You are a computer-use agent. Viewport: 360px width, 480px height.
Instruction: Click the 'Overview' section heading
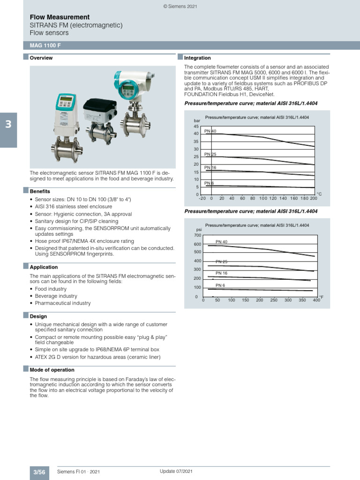click(x=41, y=58)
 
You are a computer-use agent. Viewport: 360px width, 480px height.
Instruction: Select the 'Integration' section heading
click(x=197, y=58)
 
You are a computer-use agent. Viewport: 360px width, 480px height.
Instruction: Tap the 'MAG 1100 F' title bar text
click(x=45, y=45)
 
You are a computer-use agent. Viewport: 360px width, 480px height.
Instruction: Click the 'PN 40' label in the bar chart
click(x=210, y=131)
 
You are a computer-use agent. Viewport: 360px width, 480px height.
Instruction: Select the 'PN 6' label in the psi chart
click(x=220, y=285)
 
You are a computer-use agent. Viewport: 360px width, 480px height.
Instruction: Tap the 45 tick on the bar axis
click(x=196, y=127)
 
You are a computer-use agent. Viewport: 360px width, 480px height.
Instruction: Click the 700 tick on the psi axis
click(x=197, y=235)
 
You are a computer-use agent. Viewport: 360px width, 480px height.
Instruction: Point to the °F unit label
click(x=321, y=297)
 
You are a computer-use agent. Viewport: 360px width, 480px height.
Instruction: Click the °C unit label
click(x=319, y=194)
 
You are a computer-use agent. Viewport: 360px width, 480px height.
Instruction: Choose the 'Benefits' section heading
click(x=40, y=192)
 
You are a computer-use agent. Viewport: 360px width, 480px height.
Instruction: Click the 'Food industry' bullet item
click(x=51, y=289)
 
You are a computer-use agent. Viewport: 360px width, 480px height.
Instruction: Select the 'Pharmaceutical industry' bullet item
click(x=63, y=303)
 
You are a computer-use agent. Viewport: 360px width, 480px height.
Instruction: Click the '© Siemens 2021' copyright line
click(x=180, y=6)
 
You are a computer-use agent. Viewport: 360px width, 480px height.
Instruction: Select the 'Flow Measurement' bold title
click(x=60, y=17)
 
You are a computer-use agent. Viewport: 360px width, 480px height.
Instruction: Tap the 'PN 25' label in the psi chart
click(x=221, y=262)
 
